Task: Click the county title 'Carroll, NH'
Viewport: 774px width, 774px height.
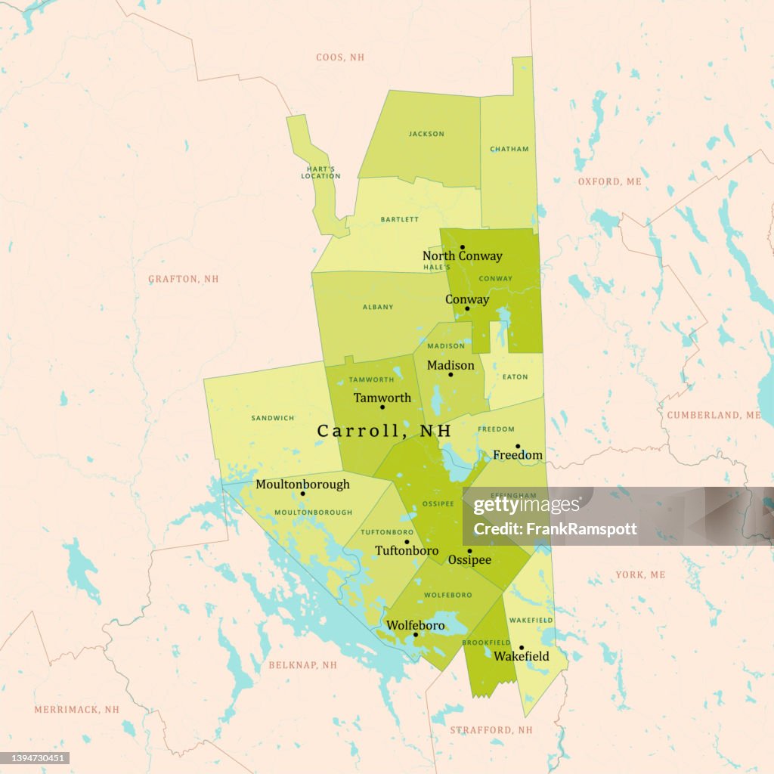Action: [x=384, y=431]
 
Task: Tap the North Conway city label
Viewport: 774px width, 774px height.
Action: [x=462, y=256]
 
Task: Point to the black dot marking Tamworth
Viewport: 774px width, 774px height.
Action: [x=382, y=407]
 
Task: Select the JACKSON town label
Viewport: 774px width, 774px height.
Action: [x=426, y=135]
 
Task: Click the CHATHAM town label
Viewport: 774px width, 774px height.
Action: [x=509, y=150]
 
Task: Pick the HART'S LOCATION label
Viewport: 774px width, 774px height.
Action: [x=320, y=172]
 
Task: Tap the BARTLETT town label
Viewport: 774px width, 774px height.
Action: [x=400, y=220]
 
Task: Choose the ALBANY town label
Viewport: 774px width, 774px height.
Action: [x=378, y=307]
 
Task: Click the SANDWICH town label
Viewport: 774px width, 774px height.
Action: [x=273, y=418]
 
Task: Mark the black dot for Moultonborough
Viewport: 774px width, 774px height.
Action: [x=302, y=494]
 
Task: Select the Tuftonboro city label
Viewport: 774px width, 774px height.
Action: [x=407, y=551]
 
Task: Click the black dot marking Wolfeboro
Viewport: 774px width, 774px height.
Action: [x=415, y=635]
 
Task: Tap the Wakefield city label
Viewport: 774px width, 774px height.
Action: [x=522, y=656]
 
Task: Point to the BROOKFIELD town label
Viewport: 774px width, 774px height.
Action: [x=487, y=642]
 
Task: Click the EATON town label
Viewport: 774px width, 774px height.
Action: [x=515, y=377]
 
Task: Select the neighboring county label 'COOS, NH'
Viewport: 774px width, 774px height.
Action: [x=340, y=57]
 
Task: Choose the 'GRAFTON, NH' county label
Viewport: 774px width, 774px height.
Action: [x=183, y=279]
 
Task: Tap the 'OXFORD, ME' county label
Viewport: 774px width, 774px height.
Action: [x=609, y=182]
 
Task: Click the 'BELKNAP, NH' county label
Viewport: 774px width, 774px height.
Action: [x=302, y=665]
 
